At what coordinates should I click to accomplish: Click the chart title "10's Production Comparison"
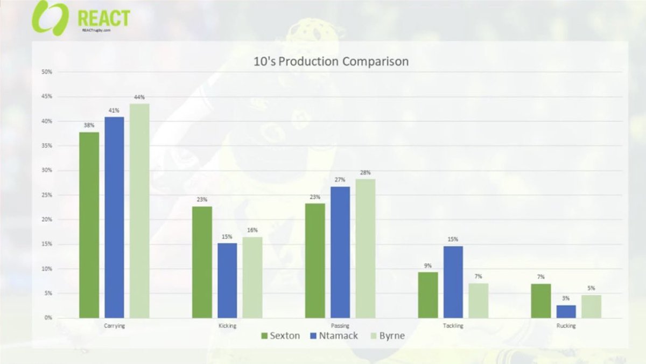[331, 61]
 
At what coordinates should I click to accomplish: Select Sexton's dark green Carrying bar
[89, 225]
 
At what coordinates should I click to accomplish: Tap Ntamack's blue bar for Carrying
[114, 217]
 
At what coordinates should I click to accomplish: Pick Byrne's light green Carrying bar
[139, 211]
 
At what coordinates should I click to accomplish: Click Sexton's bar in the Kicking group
[202, 262]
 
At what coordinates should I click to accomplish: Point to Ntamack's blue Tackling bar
[453, 282]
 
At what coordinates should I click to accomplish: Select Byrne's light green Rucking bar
[591, 306]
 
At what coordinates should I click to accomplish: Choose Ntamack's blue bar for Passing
[340, 252]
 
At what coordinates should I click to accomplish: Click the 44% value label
[139, 97]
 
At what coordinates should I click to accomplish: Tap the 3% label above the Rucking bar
[566, 298]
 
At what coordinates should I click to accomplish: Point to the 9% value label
[427, 265]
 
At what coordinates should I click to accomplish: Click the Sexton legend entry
[279, 335]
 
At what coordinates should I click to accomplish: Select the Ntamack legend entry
[332, 335]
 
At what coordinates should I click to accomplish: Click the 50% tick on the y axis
[47, 72]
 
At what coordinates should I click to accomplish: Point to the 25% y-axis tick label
[47, 195]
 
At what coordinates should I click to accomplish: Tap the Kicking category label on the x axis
[227, 326]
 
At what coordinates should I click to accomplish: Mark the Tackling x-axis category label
[453, 326]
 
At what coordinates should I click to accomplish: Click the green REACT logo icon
[50, 18]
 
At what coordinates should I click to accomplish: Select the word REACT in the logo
[103, 18]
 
